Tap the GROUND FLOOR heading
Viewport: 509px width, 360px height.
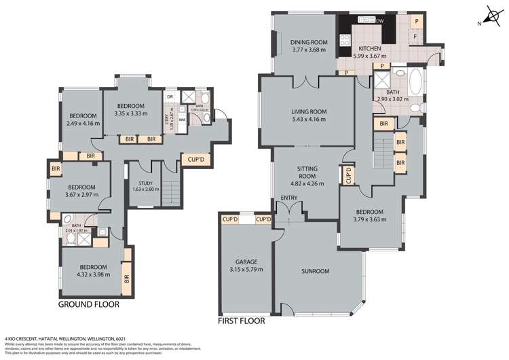(x=90, y=305)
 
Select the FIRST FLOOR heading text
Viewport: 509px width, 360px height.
(x=246, y=320)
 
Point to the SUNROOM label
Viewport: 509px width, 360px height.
(x=315, y=272)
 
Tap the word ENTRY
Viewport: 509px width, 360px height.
(x=288, y=198)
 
